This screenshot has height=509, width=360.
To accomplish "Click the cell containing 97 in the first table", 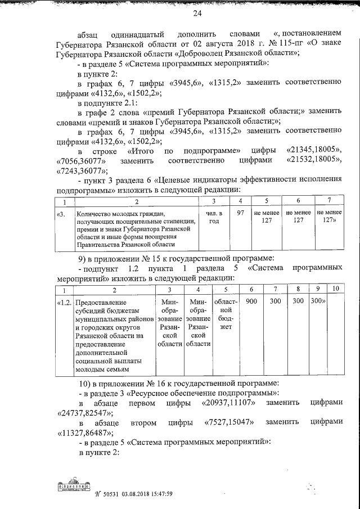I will pyautogui.click(x=241, y=213).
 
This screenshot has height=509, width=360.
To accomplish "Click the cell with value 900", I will pyautogui.click(x=251, y=301).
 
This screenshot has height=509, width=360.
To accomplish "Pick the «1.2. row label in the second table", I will pyautogui.click(x=64, y=302).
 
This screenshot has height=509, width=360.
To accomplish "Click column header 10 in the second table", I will pyautogui.click(x=335, y=289).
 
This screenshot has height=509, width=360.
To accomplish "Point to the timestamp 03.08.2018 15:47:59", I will pyautogui.click(x=142, y=494).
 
